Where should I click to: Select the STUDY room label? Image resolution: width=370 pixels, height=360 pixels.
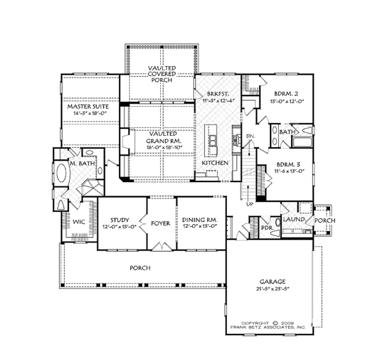[x=118, y=219]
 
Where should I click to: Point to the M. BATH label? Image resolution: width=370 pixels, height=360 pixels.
[x=82, y=163]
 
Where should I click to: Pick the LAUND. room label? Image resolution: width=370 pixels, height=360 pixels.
[x=292, y=218]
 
